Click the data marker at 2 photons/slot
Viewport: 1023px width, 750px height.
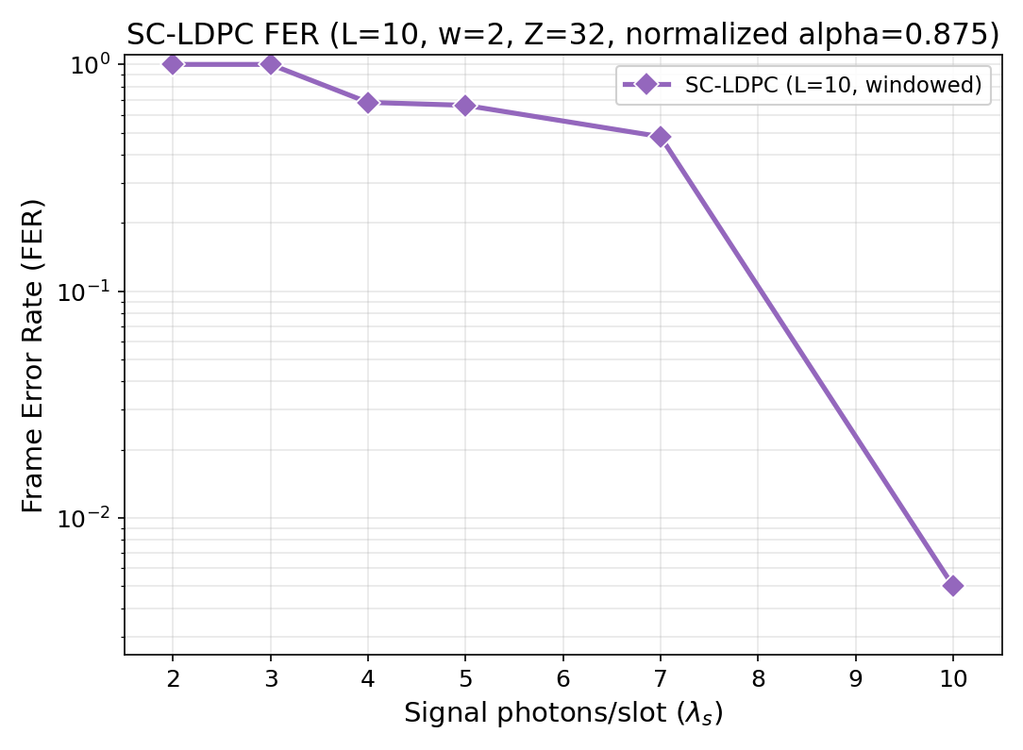click(x=173, y=64)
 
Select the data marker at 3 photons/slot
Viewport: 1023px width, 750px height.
click(x=271, y=64)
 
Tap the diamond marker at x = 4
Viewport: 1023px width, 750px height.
click(x=368, y=102)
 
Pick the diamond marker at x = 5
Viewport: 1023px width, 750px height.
click(x=465, y=105)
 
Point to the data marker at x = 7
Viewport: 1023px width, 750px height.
click(x=661, y=137)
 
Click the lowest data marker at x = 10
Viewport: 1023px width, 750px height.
click(x=953, y=586)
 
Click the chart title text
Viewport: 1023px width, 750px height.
click(x=562, y=34)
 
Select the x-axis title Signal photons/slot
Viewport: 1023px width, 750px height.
click(x=563, y=714)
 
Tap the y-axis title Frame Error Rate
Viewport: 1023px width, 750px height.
click(x=34, y=356)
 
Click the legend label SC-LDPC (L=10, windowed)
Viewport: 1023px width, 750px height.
click(x=833, y=85)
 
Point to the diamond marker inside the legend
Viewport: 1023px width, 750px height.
click(x=646, y=85)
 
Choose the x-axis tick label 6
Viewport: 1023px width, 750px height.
click(x=563, y=678)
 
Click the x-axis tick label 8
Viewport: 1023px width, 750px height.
click(x=758, y=678)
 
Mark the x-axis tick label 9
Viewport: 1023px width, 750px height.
click(x=856, y=678)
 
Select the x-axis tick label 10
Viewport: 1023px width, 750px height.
click(x=953, y=678)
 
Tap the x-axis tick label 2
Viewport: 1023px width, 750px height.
click(x=173, y=678)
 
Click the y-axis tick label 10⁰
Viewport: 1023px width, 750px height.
click(x=90, y=65)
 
